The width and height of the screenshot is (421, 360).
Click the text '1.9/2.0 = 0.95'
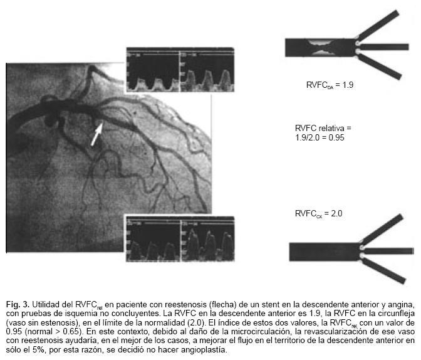click(x=320, y=135)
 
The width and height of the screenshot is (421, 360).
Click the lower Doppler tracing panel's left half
click(x=152, y=241)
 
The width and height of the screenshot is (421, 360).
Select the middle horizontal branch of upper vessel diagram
click(x=383, y=47)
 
